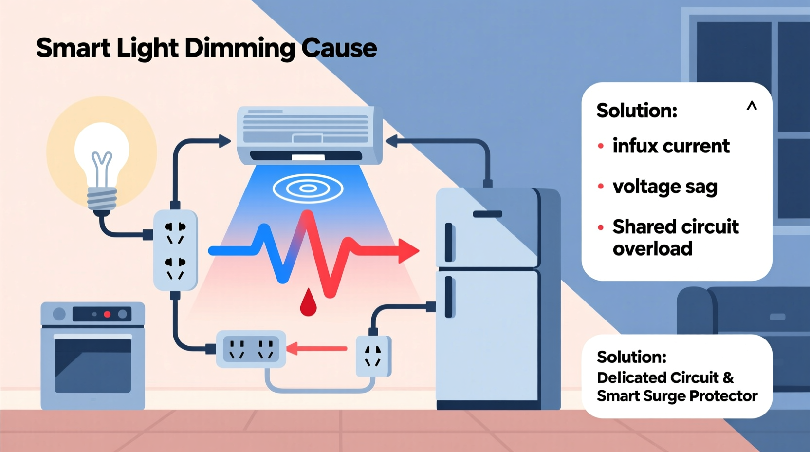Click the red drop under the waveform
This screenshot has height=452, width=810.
click(x=308, y=303)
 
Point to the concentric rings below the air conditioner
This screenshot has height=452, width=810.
click(x=308, y=188)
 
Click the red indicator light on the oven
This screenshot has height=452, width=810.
click(x=107, y=314)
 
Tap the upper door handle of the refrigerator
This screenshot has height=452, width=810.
click(x=449, y=242)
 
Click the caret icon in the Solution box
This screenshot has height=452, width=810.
click(x=752, y=106)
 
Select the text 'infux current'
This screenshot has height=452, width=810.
click(x=670, y=146)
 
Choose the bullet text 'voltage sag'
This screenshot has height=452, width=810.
click(x=665, y=187)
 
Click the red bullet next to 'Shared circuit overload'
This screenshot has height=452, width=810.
click(x=601, y=227)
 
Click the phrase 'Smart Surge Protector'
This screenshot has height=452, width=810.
click(x=677, y=396)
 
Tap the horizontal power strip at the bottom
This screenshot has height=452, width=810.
click(x=251, y=349)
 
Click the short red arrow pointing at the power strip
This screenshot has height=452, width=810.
click(x=317, y=348)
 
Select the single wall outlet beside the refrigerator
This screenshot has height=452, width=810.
click(x=373, y=356)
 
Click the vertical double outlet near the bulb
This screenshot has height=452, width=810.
click(x=175, y=250)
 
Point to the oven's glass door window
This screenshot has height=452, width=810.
click(x=92, y=365)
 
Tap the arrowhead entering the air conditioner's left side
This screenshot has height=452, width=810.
click(x=224, y=141)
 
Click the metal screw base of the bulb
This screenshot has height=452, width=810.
click(x=102, y=199)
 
